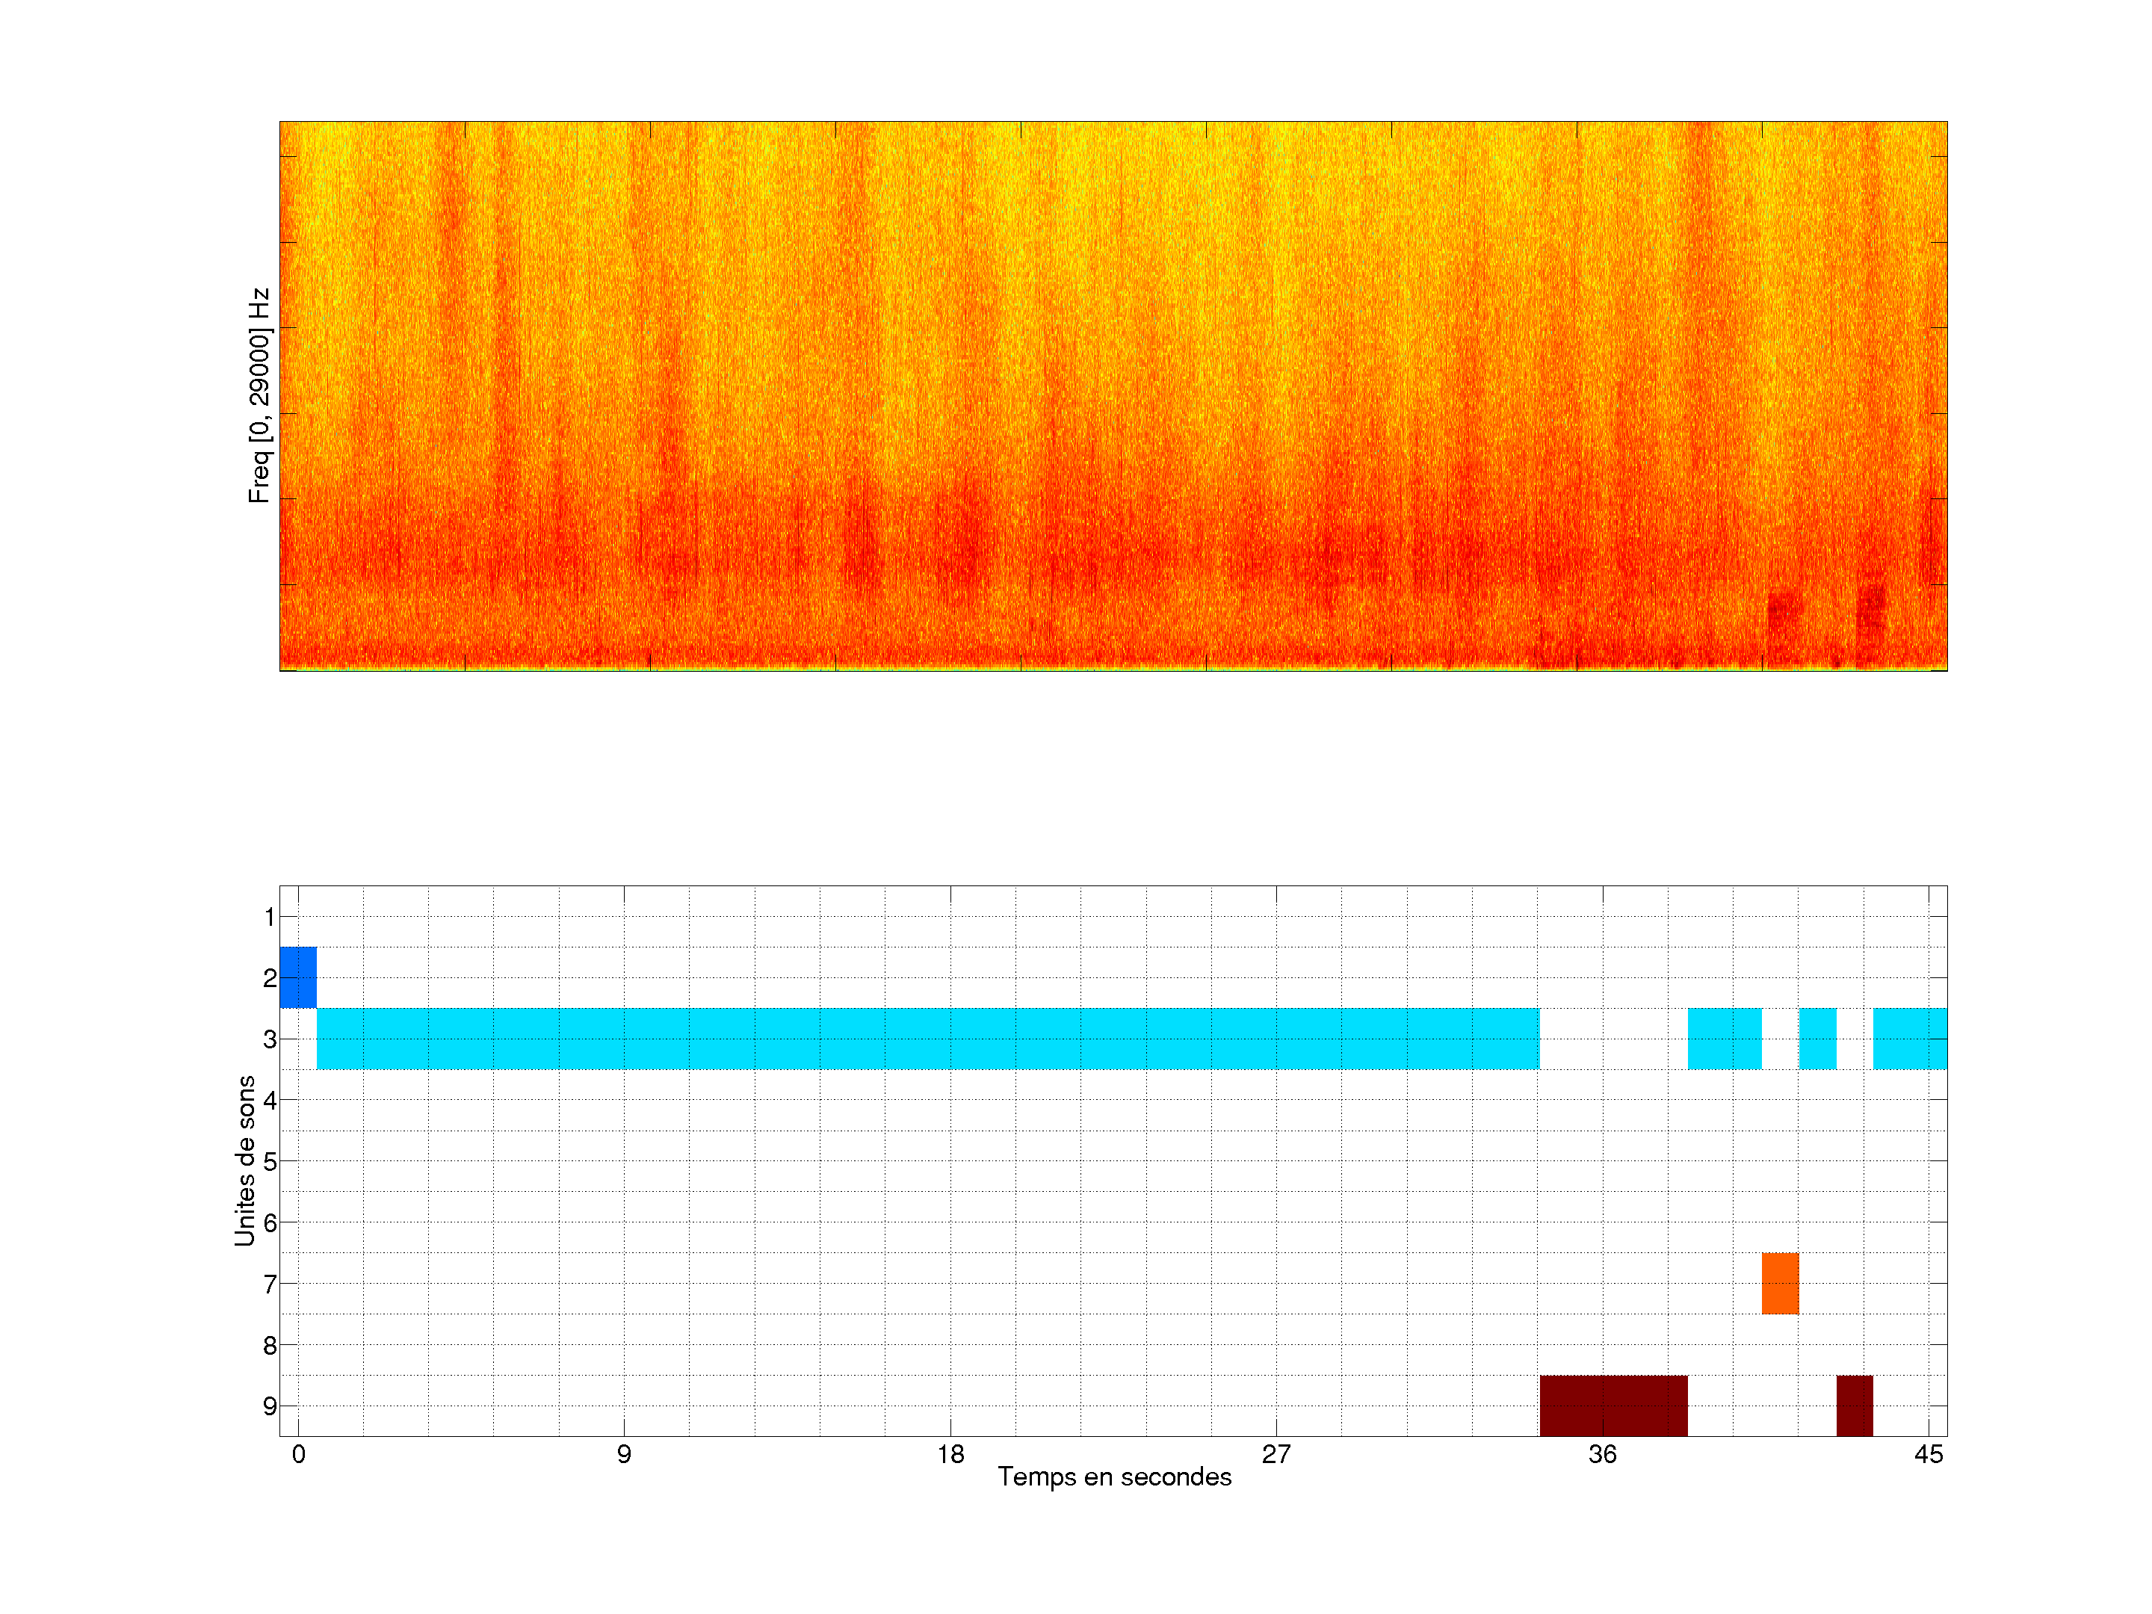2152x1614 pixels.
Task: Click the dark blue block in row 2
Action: click(297, 977)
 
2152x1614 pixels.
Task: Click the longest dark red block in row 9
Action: click(1613, 1406)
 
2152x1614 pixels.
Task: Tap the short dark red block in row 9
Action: click(1855, 1406)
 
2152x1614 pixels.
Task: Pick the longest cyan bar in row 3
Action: click(928, 1039)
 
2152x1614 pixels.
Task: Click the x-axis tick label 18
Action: click(950, 1454)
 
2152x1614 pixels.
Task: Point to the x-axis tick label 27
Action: click(1276, 1454)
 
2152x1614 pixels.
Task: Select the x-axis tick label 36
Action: click(1602, 1454)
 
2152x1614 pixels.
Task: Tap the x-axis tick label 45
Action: click(1929, 1454)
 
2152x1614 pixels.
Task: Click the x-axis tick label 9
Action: click(624, 1454)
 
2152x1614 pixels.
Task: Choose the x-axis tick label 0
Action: click(299, 1454)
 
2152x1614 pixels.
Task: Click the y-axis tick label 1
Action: click(270, 916)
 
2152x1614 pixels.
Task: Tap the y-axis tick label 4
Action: click(270, 1101)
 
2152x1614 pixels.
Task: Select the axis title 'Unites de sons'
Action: click(245, 1160)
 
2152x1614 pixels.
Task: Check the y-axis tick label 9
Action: click(270, 1406)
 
